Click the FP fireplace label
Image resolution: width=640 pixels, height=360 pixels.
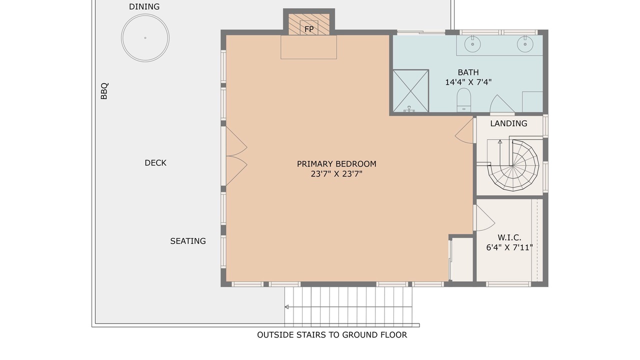[x=309, y=29]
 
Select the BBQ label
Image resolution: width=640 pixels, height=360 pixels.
[x=104, y=91]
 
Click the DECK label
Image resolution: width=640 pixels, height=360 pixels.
[x=155, y=163]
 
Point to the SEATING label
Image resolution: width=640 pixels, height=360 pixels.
[x=188, y=241]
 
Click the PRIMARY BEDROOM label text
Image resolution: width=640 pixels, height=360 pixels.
[x=336, y=164]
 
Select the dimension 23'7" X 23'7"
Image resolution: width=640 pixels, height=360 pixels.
[x=336, y=174]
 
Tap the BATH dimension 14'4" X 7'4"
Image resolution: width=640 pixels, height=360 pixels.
[x=468, y=82]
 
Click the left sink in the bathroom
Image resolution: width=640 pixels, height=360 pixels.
[x=472, y=44]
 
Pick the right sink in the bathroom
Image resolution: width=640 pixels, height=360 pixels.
[x=525, y=44]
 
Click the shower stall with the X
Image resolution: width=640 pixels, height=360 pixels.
[x=410, y=91]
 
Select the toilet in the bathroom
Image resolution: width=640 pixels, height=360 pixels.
[x=463, y=100]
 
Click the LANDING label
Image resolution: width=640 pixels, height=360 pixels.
[x=508, y=123]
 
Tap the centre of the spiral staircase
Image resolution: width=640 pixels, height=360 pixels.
[x=513, y=165]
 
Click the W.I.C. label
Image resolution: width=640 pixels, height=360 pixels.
[x=509, y=237]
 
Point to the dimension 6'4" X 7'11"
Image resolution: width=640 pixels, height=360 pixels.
[x=509, y=247]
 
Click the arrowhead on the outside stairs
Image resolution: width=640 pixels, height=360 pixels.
[x=286, y=307]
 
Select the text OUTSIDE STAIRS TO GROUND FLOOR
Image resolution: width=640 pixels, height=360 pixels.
[x=332, y=335]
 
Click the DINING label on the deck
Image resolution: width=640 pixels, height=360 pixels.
[x=144, y=6]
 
